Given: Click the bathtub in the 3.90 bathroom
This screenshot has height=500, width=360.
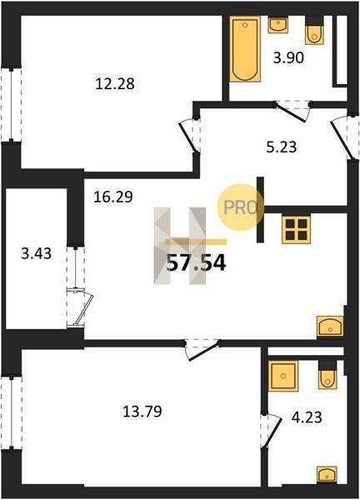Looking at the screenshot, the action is point(245,49).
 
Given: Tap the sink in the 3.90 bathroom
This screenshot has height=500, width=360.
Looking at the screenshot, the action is point(278,25).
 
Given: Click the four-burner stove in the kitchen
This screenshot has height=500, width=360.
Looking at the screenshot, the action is point(296,229).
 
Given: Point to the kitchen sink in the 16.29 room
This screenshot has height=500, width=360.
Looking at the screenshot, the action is point(330,326).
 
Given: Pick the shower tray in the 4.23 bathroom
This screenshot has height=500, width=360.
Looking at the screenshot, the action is point(283,376).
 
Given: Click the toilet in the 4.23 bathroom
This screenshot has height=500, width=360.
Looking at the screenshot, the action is point(327,374).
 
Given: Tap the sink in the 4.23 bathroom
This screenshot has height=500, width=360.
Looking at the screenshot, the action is point(327,474).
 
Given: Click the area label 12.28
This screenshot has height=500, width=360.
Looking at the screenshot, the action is point(115,84).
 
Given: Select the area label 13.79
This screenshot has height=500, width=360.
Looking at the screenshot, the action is point(142,412).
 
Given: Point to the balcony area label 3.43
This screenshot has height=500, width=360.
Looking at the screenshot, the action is point(37,254).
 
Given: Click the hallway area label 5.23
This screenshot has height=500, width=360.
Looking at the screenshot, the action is point(282,147).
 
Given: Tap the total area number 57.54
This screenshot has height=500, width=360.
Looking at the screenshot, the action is point(196,263).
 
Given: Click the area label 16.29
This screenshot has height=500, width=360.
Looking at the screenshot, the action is point(113,197).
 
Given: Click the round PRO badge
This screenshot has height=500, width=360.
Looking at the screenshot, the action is point(241,207).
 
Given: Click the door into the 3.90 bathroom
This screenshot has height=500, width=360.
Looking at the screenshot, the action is point(292,111).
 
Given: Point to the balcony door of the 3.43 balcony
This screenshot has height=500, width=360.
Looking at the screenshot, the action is point(80,308).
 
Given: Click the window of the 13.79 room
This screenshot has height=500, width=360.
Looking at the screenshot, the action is point(12,412).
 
